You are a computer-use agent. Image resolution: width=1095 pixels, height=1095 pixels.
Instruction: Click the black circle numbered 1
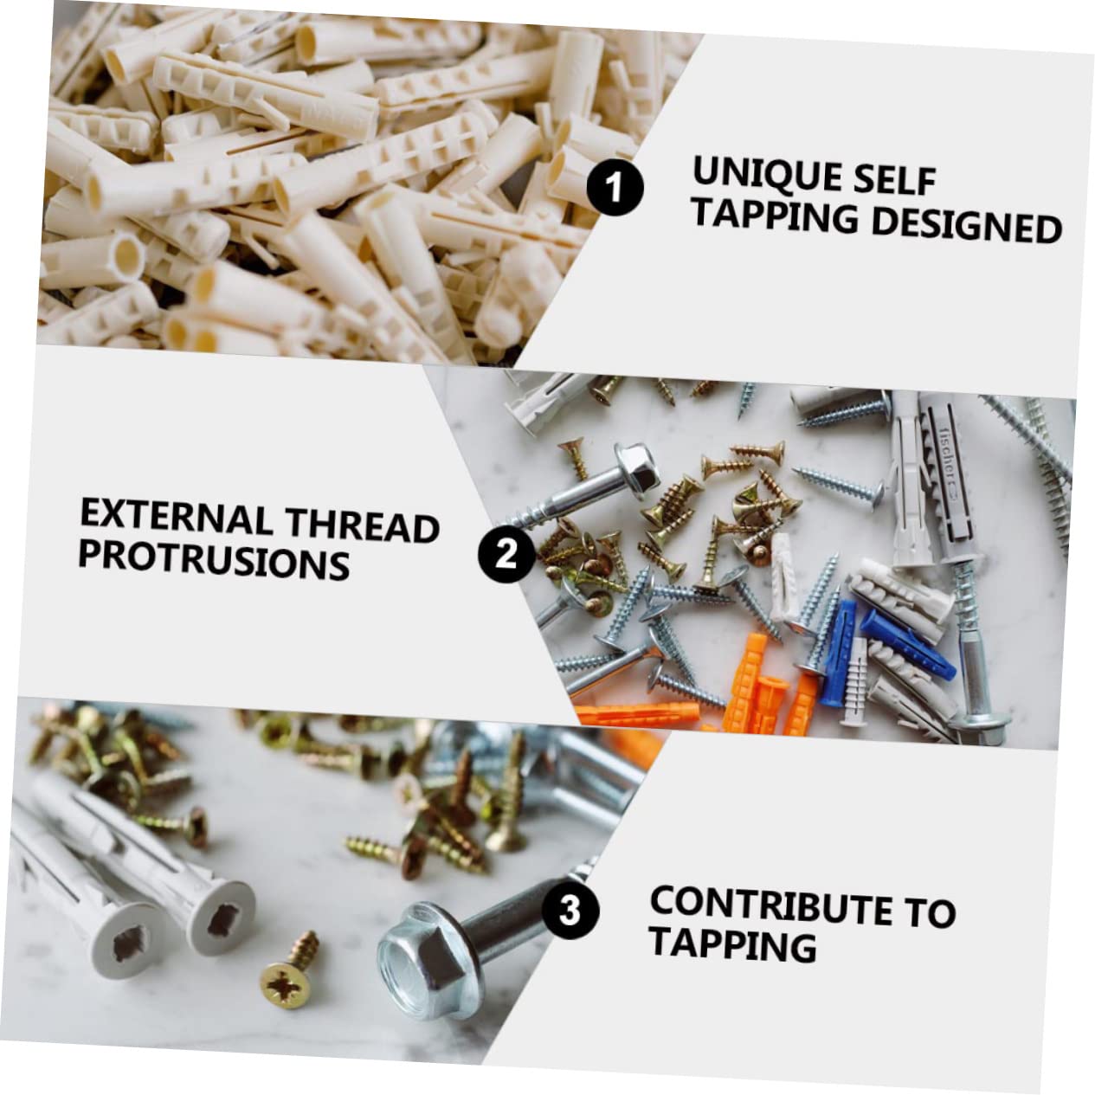coord(615,188)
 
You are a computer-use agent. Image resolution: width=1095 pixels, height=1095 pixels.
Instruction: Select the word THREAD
coord(364,525)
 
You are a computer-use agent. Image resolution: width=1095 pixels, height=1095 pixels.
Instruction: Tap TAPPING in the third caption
coord(732,944)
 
